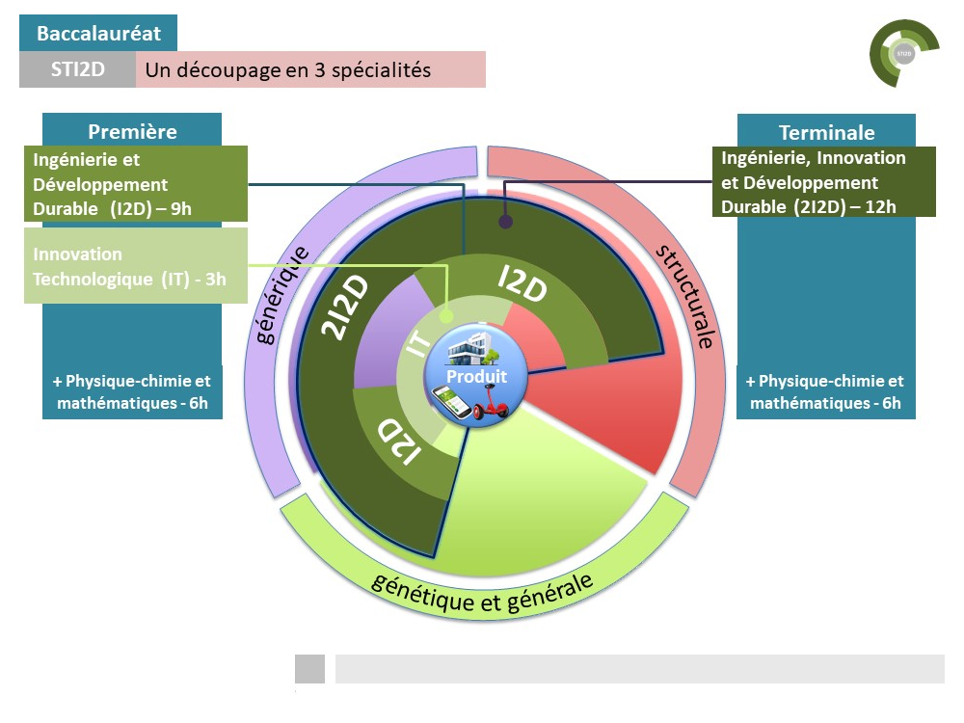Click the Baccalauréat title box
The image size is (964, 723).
click(x=98, y=34)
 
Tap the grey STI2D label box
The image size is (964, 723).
click(x=77, y=70)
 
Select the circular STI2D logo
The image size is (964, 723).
click(x=903, y=54)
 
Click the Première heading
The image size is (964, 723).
click(x=132, y=132)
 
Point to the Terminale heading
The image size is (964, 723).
click(x=826, y=133)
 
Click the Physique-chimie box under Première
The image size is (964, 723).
click(x=132, y=391)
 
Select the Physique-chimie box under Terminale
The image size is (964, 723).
click(x=825, y=391)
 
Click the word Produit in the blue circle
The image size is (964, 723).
click(x=476, y=376)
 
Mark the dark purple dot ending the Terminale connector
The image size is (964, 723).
click(x=505, y=222)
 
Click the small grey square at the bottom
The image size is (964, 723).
click(x=309, y=669)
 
